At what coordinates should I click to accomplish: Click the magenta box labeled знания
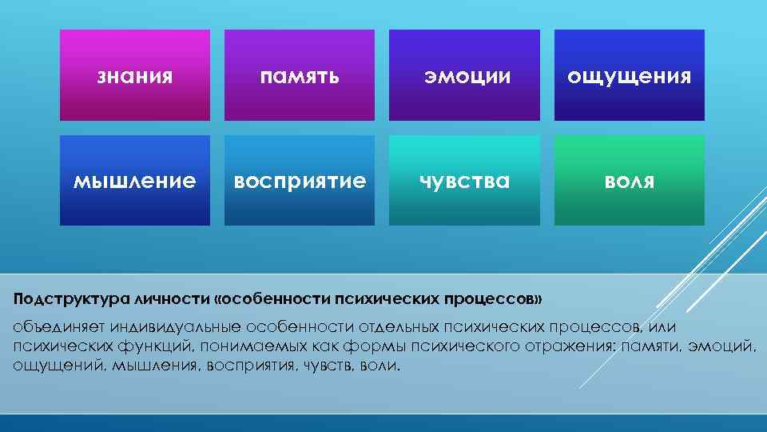point(135,75)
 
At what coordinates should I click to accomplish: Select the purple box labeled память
point(300,75)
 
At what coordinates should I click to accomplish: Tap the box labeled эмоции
point(464,75)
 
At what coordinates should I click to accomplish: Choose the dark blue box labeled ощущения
point(630,75)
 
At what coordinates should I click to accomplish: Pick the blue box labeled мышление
point(135,181)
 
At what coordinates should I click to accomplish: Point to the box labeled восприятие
point(300,181)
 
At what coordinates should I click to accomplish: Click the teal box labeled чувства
point(464,181)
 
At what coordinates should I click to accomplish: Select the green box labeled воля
point(630,181)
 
